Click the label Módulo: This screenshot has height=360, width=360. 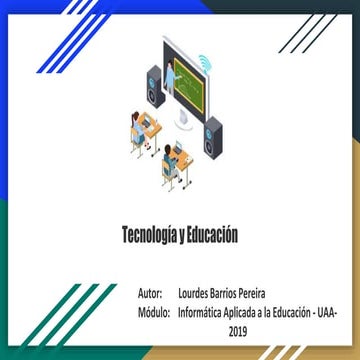(x=154, y=313)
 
